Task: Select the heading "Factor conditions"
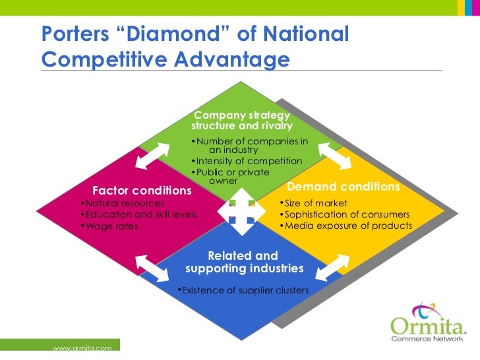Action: coord(142,190)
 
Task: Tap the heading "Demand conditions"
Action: coord(344,187)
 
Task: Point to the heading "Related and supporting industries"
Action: coord(243,262)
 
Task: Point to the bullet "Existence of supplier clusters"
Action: coord(245,290)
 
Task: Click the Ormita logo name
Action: coord(428,326)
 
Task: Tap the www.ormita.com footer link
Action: coord(77,347)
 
